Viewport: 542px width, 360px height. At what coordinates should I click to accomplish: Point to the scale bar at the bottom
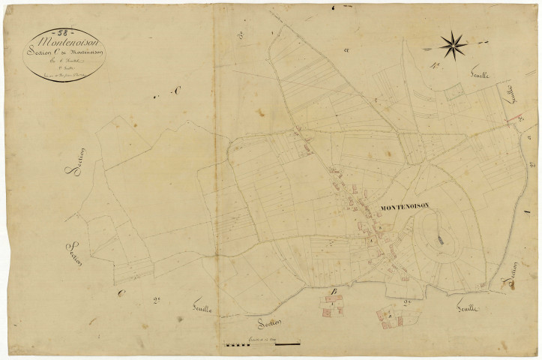[x=262, y=344]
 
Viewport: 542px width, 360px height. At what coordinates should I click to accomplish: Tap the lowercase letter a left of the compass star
[x=347, y=50]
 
